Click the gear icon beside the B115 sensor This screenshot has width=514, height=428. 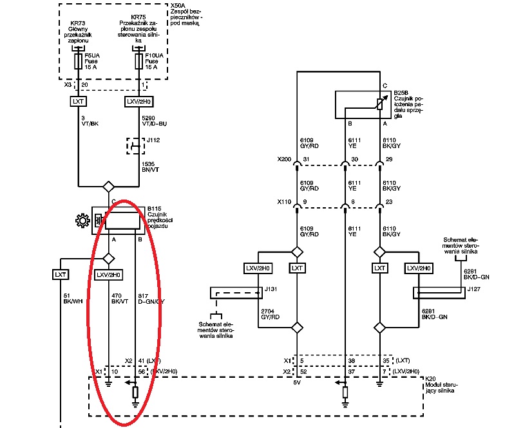82,221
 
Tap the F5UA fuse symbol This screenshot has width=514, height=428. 78,62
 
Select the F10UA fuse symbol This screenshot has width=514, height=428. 140,62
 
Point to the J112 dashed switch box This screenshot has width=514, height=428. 134,146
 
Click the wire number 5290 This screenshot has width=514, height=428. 149,118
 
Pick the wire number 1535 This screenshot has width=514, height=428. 149,164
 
